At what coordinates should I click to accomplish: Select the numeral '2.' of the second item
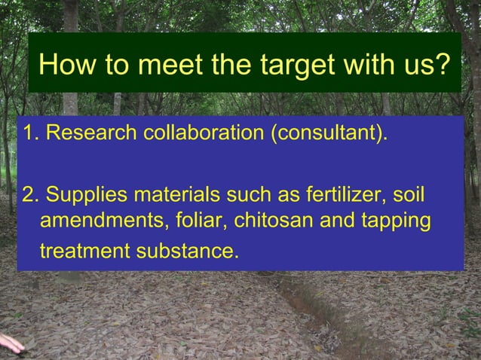(32, 196)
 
